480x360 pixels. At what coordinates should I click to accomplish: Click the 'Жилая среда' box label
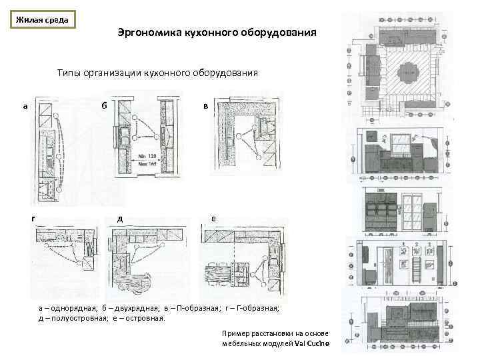tap(41, 19)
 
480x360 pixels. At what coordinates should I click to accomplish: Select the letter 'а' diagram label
tap(25, 105)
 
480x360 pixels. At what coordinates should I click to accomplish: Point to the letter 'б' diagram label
tap(103, 105)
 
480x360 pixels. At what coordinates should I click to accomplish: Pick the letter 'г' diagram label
tap(33, 217)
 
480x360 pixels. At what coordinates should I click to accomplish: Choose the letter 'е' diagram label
tap(213, 218)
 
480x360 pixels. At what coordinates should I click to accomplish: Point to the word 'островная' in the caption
tap(145, 318)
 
